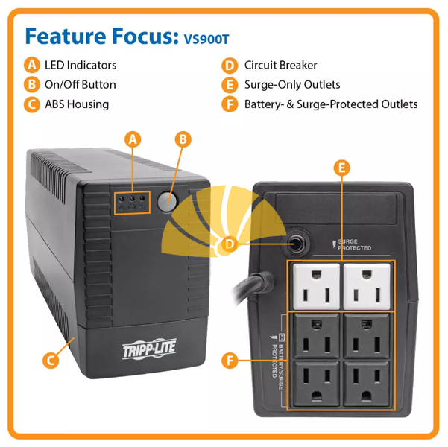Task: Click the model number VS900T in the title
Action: click(206, 39)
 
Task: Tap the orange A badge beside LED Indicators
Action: click(32, 65)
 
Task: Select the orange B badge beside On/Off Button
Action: click(32, 84)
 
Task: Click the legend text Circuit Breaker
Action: click(280, 65)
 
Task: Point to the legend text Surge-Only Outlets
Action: click(292, 85)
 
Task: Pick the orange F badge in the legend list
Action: click(230, 104)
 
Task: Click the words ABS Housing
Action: click(77, 104)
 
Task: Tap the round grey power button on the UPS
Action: click(167, 202)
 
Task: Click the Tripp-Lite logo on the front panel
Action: click(149, 349)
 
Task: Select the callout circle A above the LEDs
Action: click(133, 139)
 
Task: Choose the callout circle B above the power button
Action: click(183, 139)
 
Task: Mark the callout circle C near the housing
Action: click(51, 360)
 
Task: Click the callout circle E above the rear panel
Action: click(342, 168)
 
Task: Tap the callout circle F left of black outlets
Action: click(230, 361)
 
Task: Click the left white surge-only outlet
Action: click(316, 287)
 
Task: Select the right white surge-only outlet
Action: click(367, 287)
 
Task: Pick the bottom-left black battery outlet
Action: click(317, 384)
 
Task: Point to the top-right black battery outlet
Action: click(366, 336)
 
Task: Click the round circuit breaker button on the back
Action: click(297, 244)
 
